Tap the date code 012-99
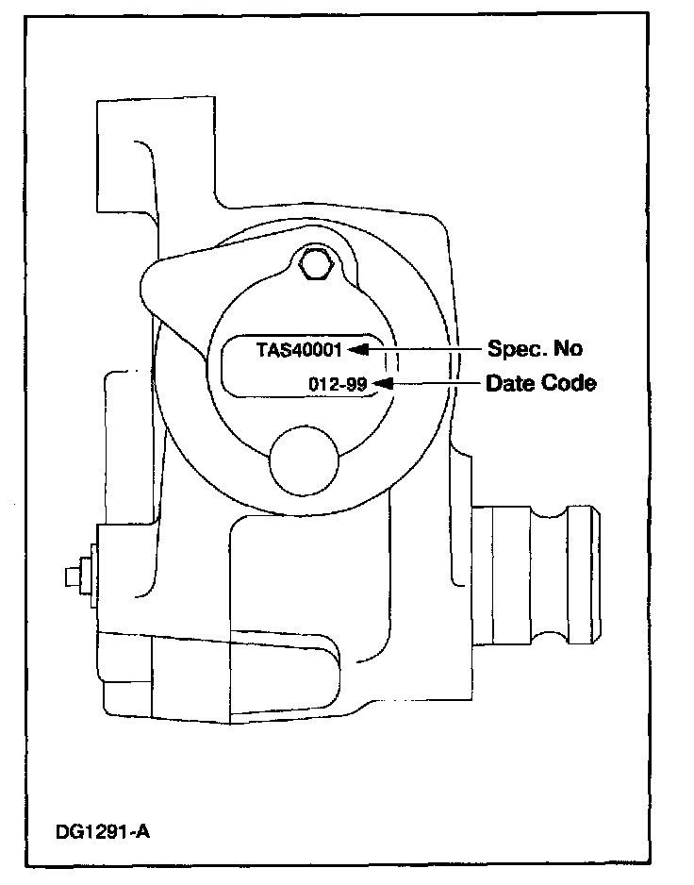click(338, 383)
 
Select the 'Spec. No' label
click(534, 348)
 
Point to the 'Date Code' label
click(540, 384)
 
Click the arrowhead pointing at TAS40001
click(355, 349)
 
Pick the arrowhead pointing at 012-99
click(381, 383)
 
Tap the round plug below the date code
click(304, 459)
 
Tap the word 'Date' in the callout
click(507, 384)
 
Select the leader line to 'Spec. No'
click(424, 349)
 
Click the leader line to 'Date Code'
click(434, 383)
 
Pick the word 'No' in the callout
click(569, 348)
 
